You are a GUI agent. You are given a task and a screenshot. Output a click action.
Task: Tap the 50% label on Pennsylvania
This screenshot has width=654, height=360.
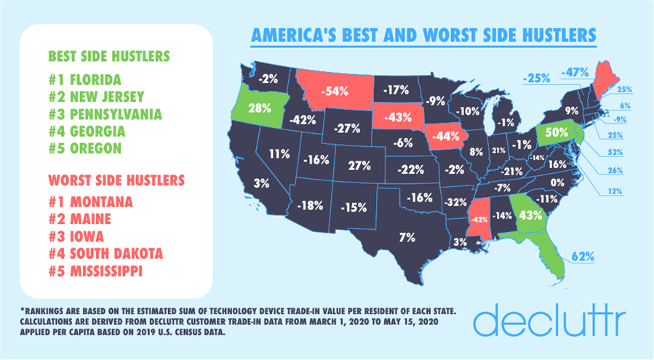point(557,133)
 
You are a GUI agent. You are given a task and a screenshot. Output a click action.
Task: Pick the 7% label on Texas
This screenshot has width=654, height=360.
point(407,237)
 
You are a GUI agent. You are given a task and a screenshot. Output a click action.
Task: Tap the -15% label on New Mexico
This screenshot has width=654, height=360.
point(354,207)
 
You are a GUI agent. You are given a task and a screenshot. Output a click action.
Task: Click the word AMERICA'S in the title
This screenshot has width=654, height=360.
point(290,35)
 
